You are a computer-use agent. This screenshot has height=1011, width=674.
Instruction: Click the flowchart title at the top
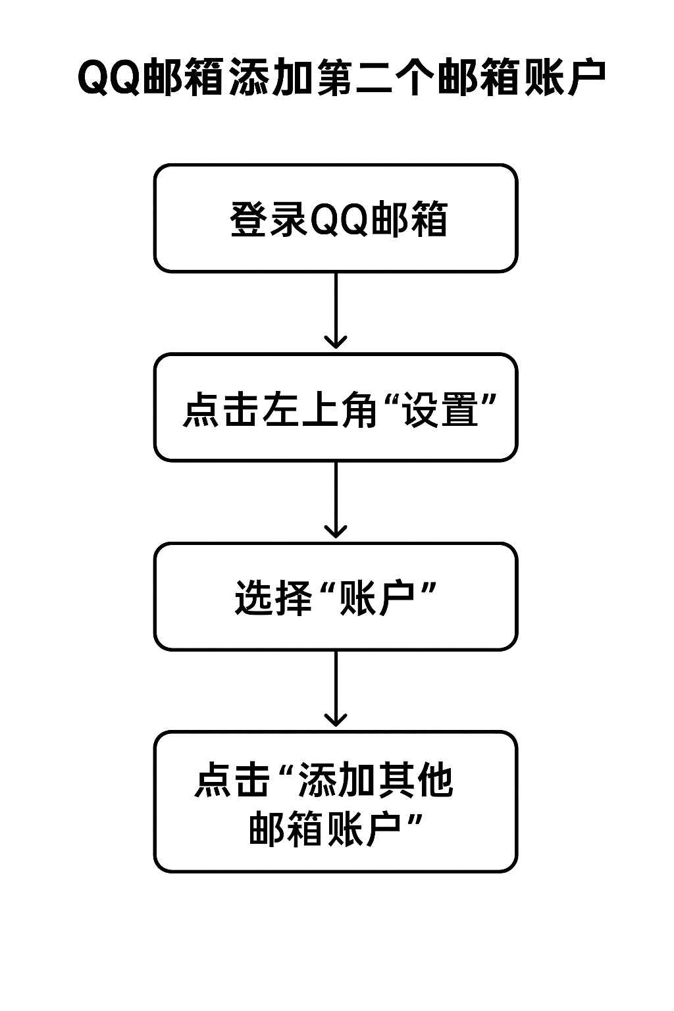pos(341,78)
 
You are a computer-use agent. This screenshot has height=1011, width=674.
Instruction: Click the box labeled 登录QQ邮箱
pos(336,219)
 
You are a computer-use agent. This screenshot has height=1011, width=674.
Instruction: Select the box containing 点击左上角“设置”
pos(336,408)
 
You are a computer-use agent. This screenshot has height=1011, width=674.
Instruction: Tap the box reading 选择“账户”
pos(336,597)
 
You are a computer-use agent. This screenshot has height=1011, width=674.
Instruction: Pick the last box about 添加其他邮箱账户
pos(336,802)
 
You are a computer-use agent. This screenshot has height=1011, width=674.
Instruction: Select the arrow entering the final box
pos(336,690)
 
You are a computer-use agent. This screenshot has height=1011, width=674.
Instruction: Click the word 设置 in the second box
pos(440,409)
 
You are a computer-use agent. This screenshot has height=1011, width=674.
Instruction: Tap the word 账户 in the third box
pos(376,598)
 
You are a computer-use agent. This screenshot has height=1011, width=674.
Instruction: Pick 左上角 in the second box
pos(319,409)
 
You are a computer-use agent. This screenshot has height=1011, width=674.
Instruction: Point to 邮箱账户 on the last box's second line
pos(325,829)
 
